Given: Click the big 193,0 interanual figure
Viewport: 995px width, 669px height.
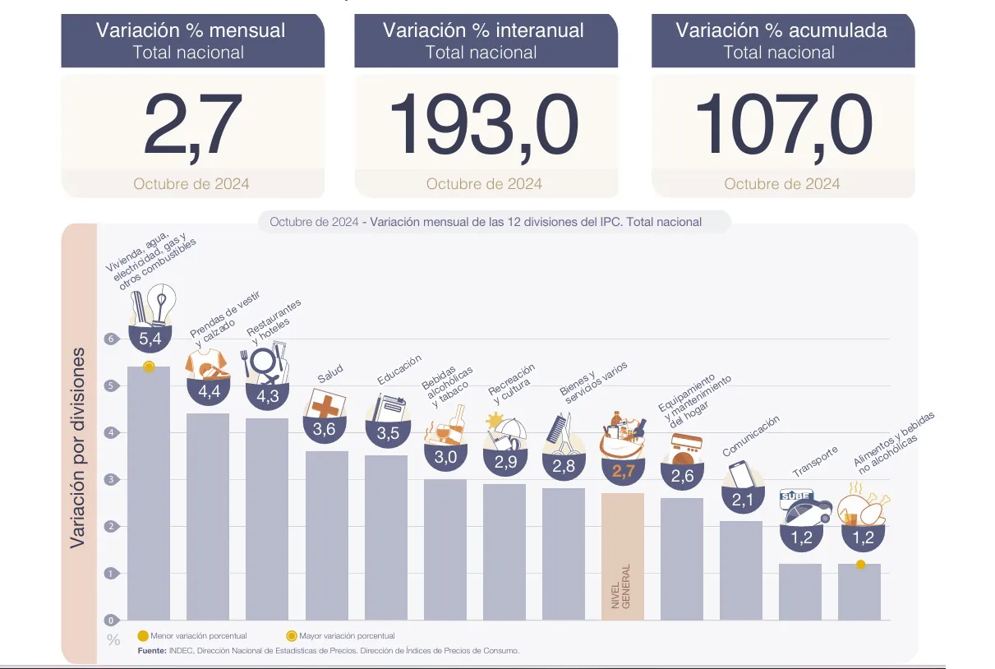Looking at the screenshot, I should click(x=485, y=127).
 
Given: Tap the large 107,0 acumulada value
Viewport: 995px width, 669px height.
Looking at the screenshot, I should click(x=782, y=127).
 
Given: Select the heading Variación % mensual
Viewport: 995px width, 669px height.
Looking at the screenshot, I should click(x=191, y=31).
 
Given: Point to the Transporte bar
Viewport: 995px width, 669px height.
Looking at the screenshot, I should click(x=799, y=591).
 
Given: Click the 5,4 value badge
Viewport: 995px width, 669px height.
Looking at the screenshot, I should click(x=150, y=339).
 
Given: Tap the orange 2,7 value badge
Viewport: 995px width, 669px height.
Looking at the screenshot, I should click(x=622, y=471).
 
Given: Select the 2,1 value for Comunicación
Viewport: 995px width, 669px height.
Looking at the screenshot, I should click(x=740, y=498).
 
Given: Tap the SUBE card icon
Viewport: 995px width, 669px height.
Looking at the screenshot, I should click(x=795, y=496).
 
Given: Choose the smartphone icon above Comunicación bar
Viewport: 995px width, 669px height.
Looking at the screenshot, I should click(x=740, y=474).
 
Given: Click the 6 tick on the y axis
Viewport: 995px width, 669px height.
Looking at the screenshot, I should click(x=108, y=339).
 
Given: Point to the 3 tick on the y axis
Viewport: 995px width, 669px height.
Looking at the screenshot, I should click(x=108, y=479).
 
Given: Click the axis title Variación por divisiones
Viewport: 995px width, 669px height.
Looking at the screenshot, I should click(x=78, y=448).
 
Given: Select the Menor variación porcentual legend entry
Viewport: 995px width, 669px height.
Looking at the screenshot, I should click(x=191, y=635).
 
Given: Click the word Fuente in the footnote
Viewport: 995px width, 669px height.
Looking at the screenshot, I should click(x=152, y=651).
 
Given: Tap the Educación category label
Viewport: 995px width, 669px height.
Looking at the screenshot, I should click(x=399, y=370).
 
